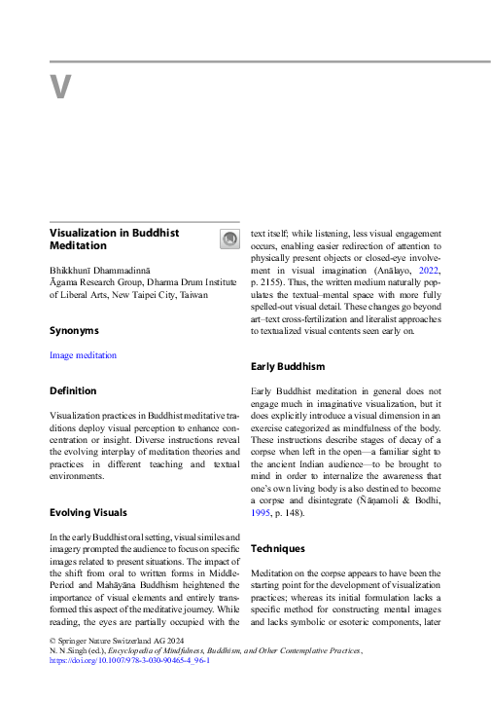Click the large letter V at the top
point(60,87)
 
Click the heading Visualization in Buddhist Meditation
point(115,240)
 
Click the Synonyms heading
point(74,331)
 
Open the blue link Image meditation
point(83,355)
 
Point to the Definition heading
point(73,390)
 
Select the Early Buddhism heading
point(288,366)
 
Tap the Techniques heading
point(278,548)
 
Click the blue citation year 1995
point(263,512)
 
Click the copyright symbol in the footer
point(53,639)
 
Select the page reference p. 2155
point(270,287)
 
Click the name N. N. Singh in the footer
point(73,649)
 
